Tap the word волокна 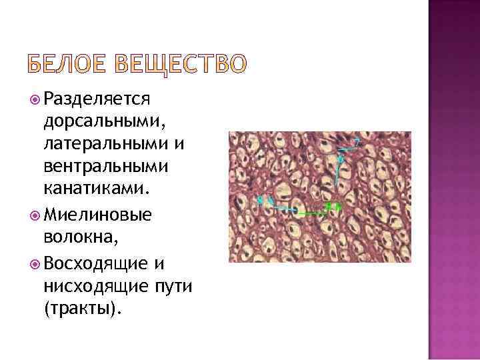point(73,237)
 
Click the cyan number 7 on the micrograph point(357,142)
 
